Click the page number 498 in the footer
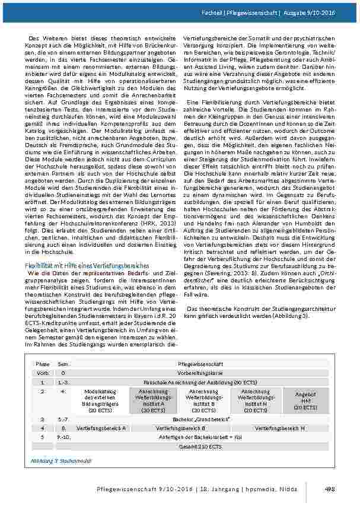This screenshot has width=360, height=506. (x=330, y=488)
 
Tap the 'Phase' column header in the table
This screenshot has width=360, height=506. (x=43, y=363)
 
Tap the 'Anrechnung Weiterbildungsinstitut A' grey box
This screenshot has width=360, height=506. (x=154, y=400)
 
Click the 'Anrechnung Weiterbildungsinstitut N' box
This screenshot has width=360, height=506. (x=255, y=400)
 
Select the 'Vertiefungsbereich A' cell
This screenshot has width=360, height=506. (x=101, y=428)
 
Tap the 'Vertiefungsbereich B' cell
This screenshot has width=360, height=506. (x=180, y=428)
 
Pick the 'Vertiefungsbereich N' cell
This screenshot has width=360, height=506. (x=281, y=428)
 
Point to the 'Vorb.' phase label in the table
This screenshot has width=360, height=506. (x=43, y=373)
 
